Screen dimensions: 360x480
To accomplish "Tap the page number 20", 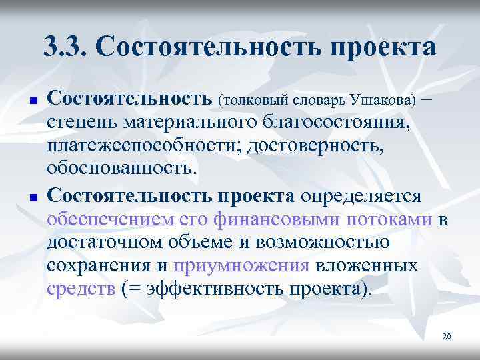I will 446,337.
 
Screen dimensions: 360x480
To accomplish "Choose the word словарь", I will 319,101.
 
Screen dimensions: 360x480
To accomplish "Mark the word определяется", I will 361,197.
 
